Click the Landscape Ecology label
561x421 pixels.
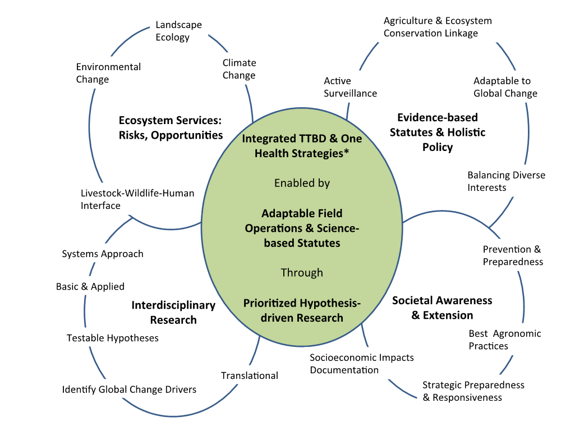click(x=178, y=31)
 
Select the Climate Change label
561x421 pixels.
click(x=239, y=69)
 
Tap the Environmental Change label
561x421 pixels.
click(x=108, y=73)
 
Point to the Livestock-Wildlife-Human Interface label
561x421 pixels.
click(x=137, y=199)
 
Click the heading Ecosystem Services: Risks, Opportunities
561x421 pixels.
click(x=171, y=127)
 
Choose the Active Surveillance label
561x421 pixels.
click(x=350, y=87)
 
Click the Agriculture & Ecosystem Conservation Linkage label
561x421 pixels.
click(x=437, y=27)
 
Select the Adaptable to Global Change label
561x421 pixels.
click(x=505, y=87)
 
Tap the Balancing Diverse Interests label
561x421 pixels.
click(x=506, y=181)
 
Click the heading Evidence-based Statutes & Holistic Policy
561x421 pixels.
click(x=437, y=132)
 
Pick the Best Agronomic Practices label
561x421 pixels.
click(x=505, y=340)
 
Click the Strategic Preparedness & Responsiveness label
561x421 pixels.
click(x=473, y=391)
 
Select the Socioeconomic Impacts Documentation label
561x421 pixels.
click(x=361, y=364)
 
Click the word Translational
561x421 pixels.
click(x=249, y=376)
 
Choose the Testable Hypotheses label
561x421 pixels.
click(x=113, y=338)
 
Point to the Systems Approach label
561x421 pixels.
click(x=103, y=254)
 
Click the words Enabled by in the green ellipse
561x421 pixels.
click(x=302, y=183)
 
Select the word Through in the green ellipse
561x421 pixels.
click(x=302, y=272)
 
